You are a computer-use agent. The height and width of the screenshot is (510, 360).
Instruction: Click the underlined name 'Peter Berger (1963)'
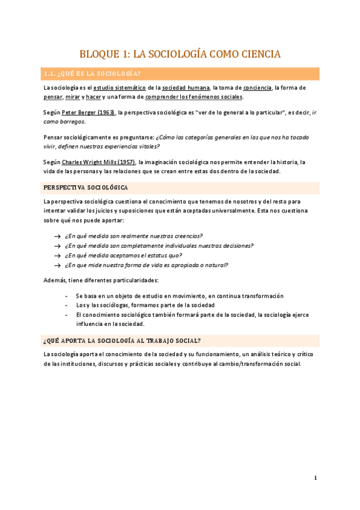pos(88,112)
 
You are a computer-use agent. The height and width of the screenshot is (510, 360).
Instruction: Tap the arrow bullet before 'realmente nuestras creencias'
pos(56,236)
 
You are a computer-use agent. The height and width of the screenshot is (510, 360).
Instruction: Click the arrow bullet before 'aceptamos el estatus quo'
pos(56,256)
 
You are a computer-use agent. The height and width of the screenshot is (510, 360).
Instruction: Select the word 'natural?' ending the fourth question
pos(216,265)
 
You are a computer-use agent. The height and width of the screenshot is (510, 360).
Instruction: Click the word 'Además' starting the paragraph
pos(55,280)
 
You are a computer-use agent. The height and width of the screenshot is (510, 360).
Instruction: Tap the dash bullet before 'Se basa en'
pos(66,296)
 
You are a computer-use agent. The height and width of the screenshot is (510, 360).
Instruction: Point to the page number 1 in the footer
pos(315,478)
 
